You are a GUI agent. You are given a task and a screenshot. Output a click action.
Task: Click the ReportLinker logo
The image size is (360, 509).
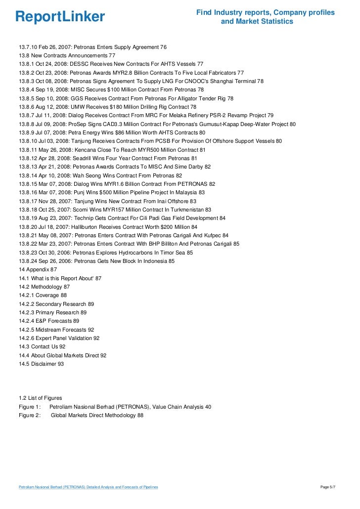coord(60,17)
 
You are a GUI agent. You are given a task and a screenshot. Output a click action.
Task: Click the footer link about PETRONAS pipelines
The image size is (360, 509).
coord(88,487)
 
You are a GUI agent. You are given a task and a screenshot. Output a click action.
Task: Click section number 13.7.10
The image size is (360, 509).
coord(28,47)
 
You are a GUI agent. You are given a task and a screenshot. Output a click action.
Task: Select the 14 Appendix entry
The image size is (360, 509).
coord(38,269)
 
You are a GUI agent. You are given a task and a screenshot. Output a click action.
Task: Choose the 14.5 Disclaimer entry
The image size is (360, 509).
coord(42,364)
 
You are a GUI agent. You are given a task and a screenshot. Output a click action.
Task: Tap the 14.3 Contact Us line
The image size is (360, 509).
coord(42,346)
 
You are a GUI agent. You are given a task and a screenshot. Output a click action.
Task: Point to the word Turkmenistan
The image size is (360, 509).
coord(183,209)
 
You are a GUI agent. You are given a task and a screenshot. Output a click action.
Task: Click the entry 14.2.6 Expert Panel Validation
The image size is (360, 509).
coord(59,338)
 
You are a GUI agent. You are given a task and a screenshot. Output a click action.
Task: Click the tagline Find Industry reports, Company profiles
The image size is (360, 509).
coord(266,12)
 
